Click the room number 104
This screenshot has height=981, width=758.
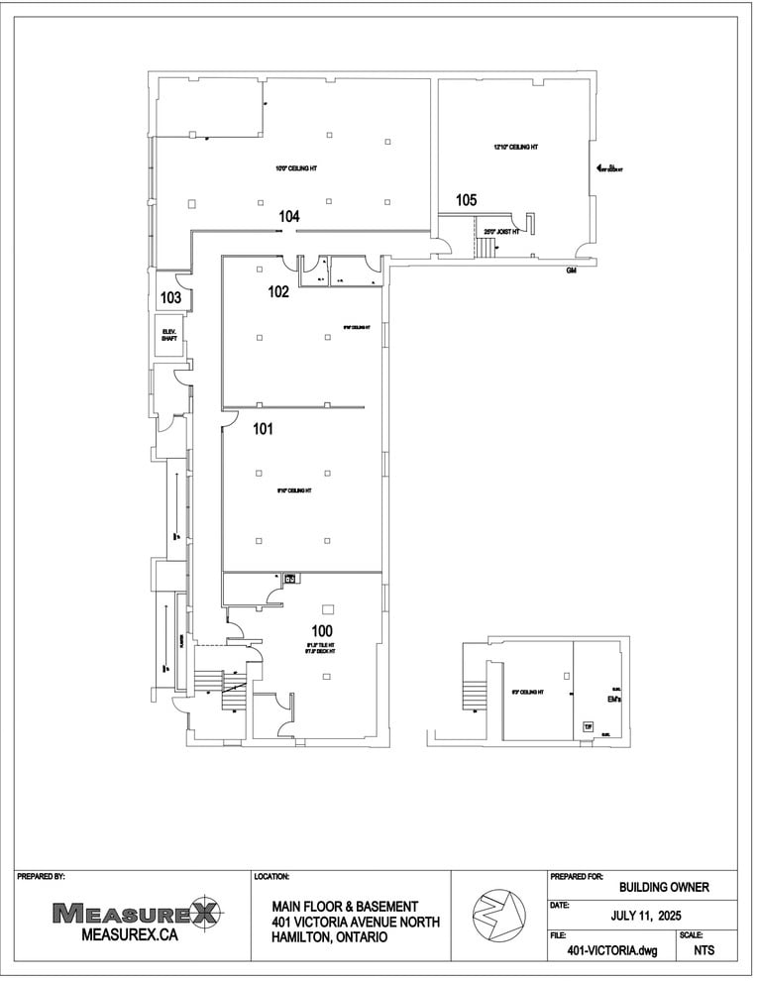coord(289,216)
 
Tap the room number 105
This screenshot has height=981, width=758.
coord(467,200)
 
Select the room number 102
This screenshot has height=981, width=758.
coord(278,292)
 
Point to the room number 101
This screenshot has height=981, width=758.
coord(263,430)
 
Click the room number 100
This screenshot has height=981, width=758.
coord(321,631)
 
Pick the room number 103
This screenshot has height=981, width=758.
coord(170,297)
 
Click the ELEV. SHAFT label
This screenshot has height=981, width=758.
coord(169,337)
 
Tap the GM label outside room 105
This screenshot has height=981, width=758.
coord(571,271)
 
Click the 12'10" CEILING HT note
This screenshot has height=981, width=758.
coord(515,148)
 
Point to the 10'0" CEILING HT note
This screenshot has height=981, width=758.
coord(296,168)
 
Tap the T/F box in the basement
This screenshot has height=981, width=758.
coord(588,727)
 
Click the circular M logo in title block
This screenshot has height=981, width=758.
coord(498,913)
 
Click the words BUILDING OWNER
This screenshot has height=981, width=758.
coord(663,887)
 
